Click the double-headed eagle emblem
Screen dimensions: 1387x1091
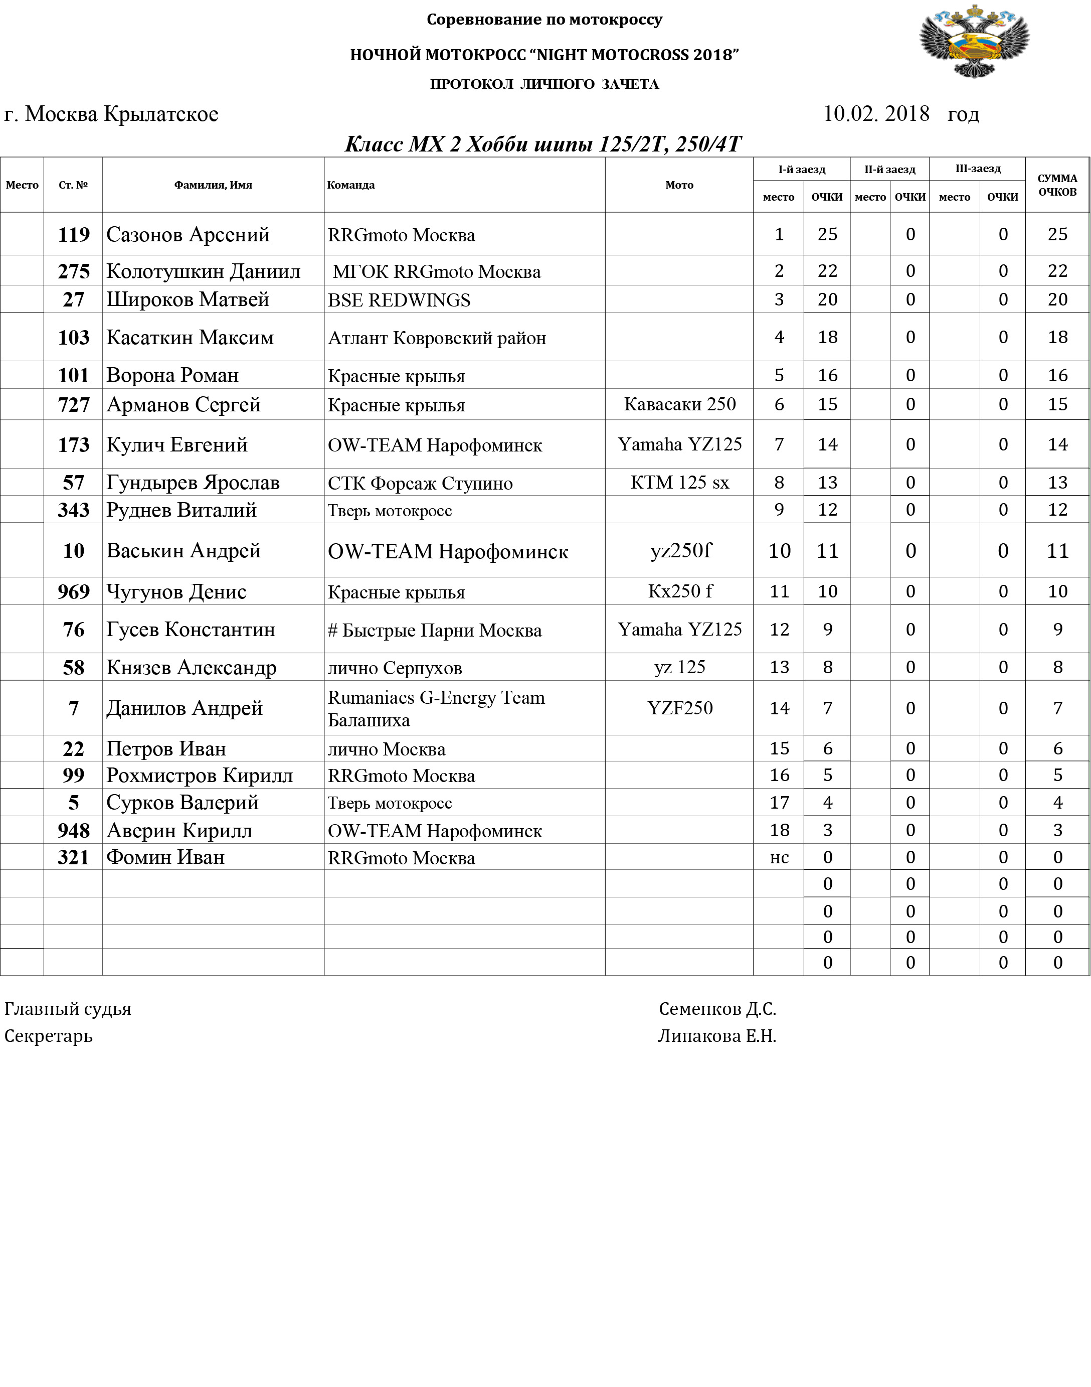974,41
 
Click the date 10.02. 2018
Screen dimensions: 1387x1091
876,114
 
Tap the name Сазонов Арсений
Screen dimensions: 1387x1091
188,235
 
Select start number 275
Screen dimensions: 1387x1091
74,271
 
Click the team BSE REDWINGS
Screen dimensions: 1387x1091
399,300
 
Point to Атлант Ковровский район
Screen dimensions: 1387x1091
437,338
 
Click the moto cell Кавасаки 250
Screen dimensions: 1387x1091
680,404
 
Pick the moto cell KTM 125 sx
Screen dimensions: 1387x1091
680,483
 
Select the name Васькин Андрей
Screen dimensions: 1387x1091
184,550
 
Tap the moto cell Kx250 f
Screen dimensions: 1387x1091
680,591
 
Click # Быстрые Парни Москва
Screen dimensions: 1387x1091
434,630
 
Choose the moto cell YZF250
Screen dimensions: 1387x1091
680,708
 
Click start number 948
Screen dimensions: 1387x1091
74,830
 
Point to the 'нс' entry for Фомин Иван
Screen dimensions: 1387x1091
779,858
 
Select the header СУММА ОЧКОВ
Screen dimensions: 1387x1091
1057,185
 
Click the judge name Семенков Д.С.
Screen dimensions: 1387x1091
717,1009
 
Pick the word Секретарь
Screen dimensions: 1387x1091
49,1035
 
